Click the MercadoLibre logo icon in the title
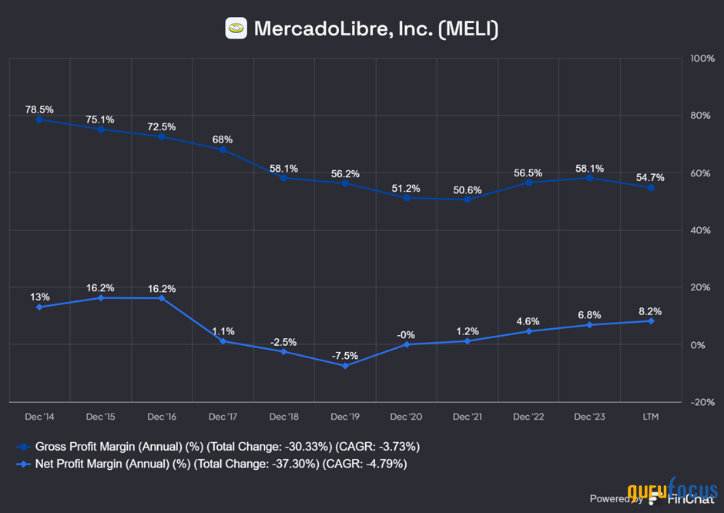[236, 28]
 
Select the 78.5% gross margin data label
[39, 109]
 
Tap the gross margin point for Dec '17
[223, 149]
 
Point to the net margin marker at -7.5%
[345, 365]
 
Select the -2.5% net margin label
[283, 342]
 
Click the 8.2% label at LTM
[650, 312]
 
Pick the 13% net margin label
[40, 297]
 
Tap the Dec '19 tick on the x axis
[345, 417]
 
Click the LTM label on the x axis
[650, 417]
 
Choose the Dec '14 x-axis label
[39, 417]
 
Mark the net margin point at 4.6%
[528, 331]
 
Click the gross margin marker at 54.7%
[650, 187]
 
